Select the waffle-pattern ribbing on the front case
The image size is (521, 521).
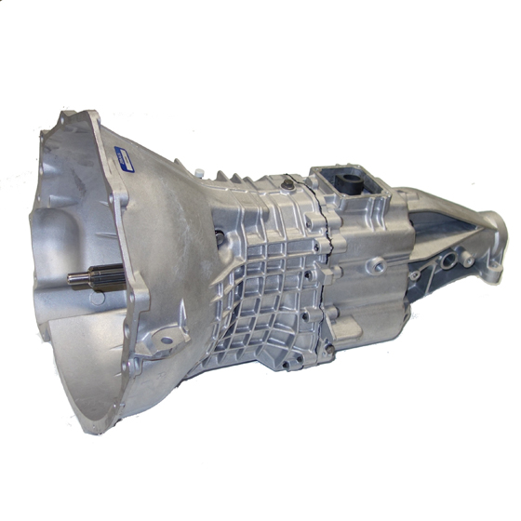coord(270,279)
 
